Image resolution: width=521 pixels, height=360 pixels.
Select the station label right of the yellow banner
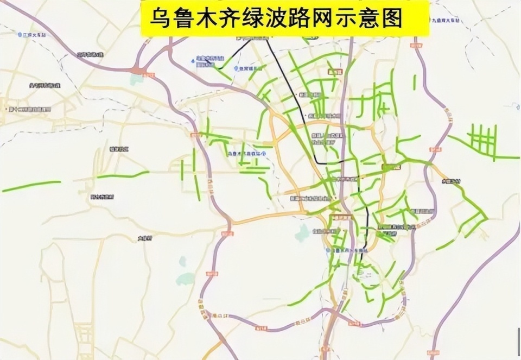point(445,21)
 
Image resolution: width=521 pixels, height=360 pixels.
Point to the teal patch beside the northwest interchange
point(136,80)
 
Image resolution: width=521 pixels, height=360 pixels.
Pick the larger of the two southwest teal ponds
point(185,279)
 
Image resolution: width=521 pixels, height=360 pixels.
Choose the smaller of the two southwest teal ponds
point(182,261)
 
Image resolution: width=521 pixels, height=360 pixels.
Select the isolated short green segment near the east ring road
point(415,83)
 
